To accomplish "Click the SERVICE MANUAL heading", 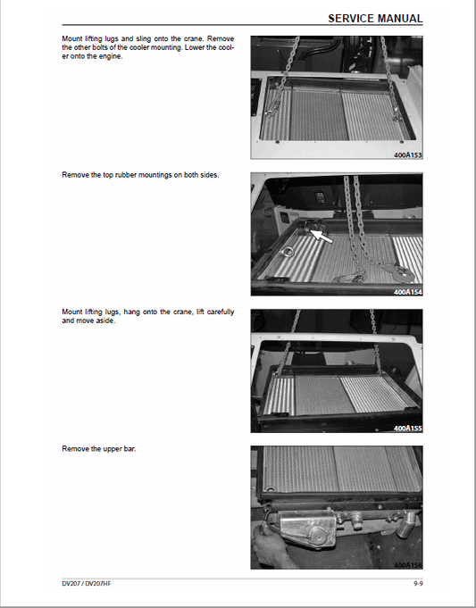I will tap(375, 18).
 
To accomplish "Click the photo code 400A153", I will tap(408, 154).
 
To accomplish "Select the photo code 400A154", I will tap(408, 291).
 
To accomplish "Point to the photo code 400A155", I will tap(408, 429).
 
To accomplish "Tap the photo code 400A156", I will tap(408, 565).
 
